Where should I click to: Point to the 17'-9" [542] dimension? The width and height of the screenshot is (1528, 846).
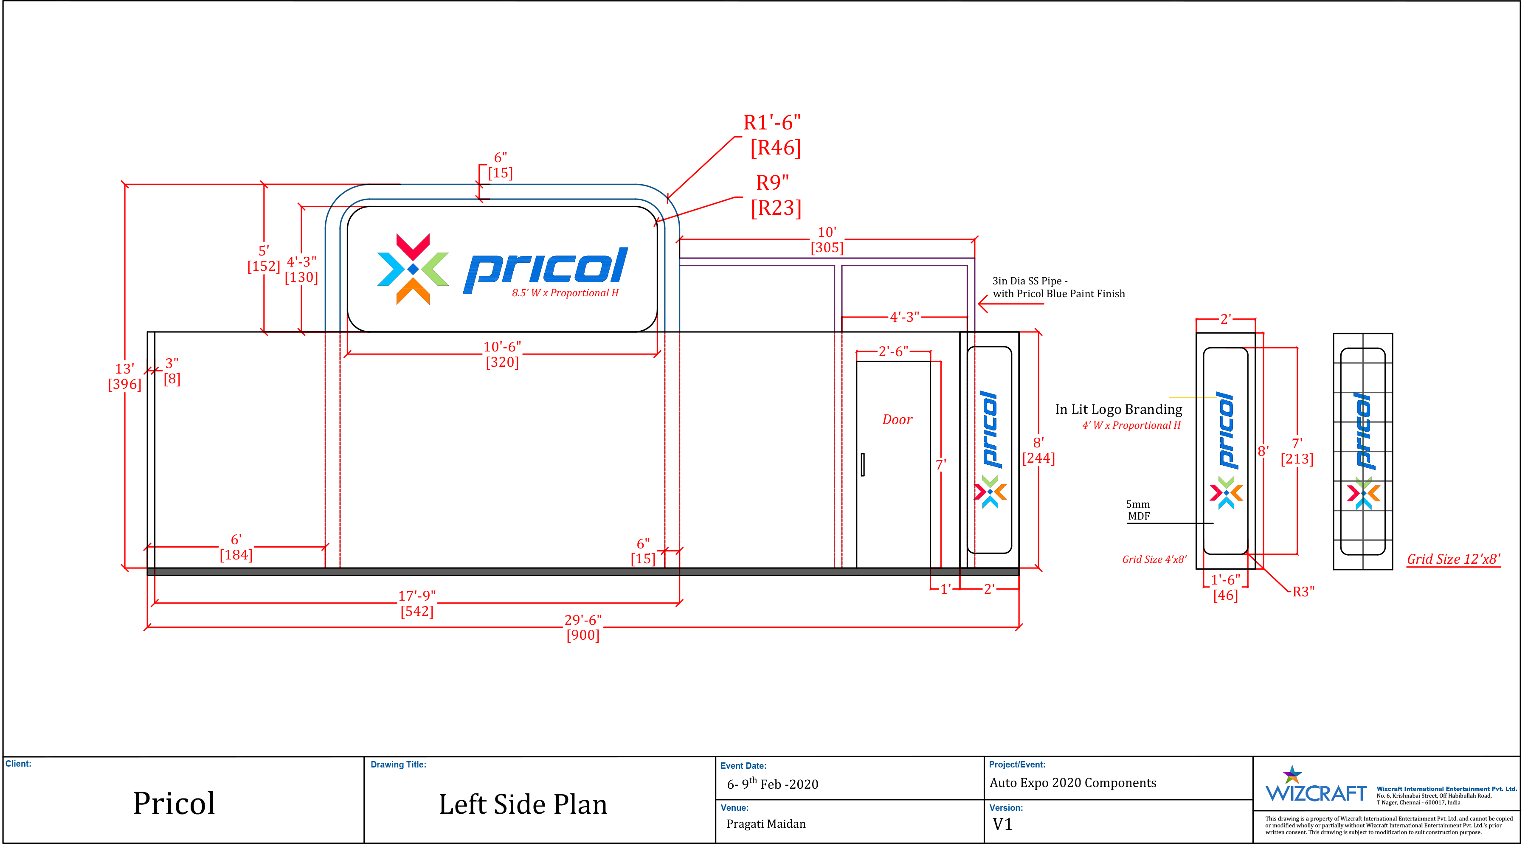click(416, 603)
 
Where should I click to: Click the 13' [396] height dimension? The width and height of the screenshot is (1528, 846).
click(124, 377)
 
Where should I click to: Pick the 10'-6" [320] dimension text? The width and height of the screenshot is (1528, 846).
click(502, 354)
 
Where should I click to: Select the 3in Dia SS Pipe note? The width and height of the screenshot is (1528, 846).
click(1058, 287)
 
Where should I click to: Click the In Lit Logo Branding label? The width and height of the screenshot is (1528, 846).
click(1118, 409)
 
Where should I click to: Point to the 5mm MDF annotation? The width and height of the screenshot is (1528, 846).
click(1138, 510)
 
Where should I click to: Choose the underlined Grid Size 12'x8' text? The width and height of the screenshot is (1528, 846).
click(1453, 559)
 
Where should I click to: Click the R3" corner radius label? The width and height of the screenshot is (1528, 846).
click(1303, 591)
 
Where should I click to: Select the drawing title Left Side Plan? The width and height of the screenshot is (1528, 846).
click(523, 804)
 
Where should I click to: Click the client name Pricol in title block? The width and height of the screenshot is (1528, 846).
click(174, 803)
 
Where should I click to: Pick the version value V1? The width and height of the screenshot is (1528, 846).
click(1002, 824)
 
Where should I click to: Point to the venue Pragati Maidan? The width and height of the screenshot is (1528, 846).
click(766, 824)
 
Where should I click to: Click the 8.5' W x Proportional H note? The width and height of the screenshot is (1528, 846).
click(565, 293)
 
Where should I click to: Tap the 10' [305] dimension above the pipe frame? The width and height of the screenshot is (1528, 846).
click(827, 240)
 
